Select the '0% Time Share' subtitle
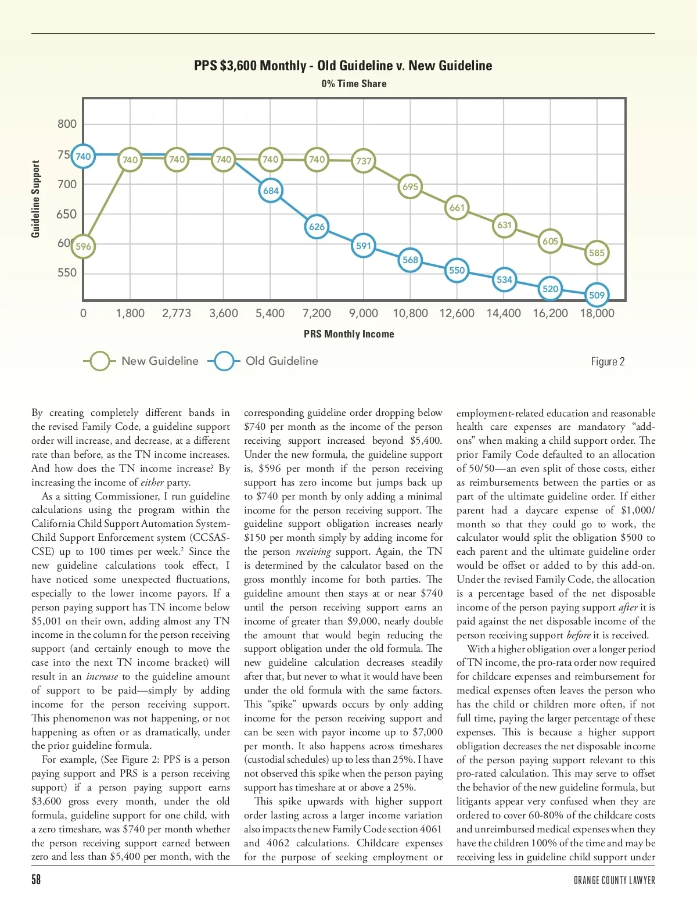click(x=354, y=84)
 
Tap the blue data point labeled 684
click(x=271, y=191)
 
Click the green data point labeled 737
click(x=364, y=161)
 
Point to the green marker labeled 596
click(x=84, y=246)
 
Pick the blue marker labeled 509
click(x=597, y=295)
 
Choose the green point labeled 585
click(x=597, y=253)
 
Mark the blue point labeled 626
click(x=317, y=227)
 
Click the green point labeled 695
click(x=410, y=187)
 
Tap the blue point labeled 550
click(x=457, y=270)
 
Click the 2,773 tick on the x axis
click(x=177, y=314)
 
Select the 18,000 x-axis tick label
click(x=597, y=314)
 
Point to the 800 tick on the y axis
click(x=67, y=124)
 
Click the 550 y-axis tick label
click(x=67, y=272)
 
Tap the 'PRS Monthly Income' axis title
click(x=349, y=334)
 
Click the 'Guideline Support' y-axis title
click(x=36, y=199)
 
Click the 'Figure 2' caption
click(x=608, y=362)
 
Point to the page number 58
click(x=36, y=879)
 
